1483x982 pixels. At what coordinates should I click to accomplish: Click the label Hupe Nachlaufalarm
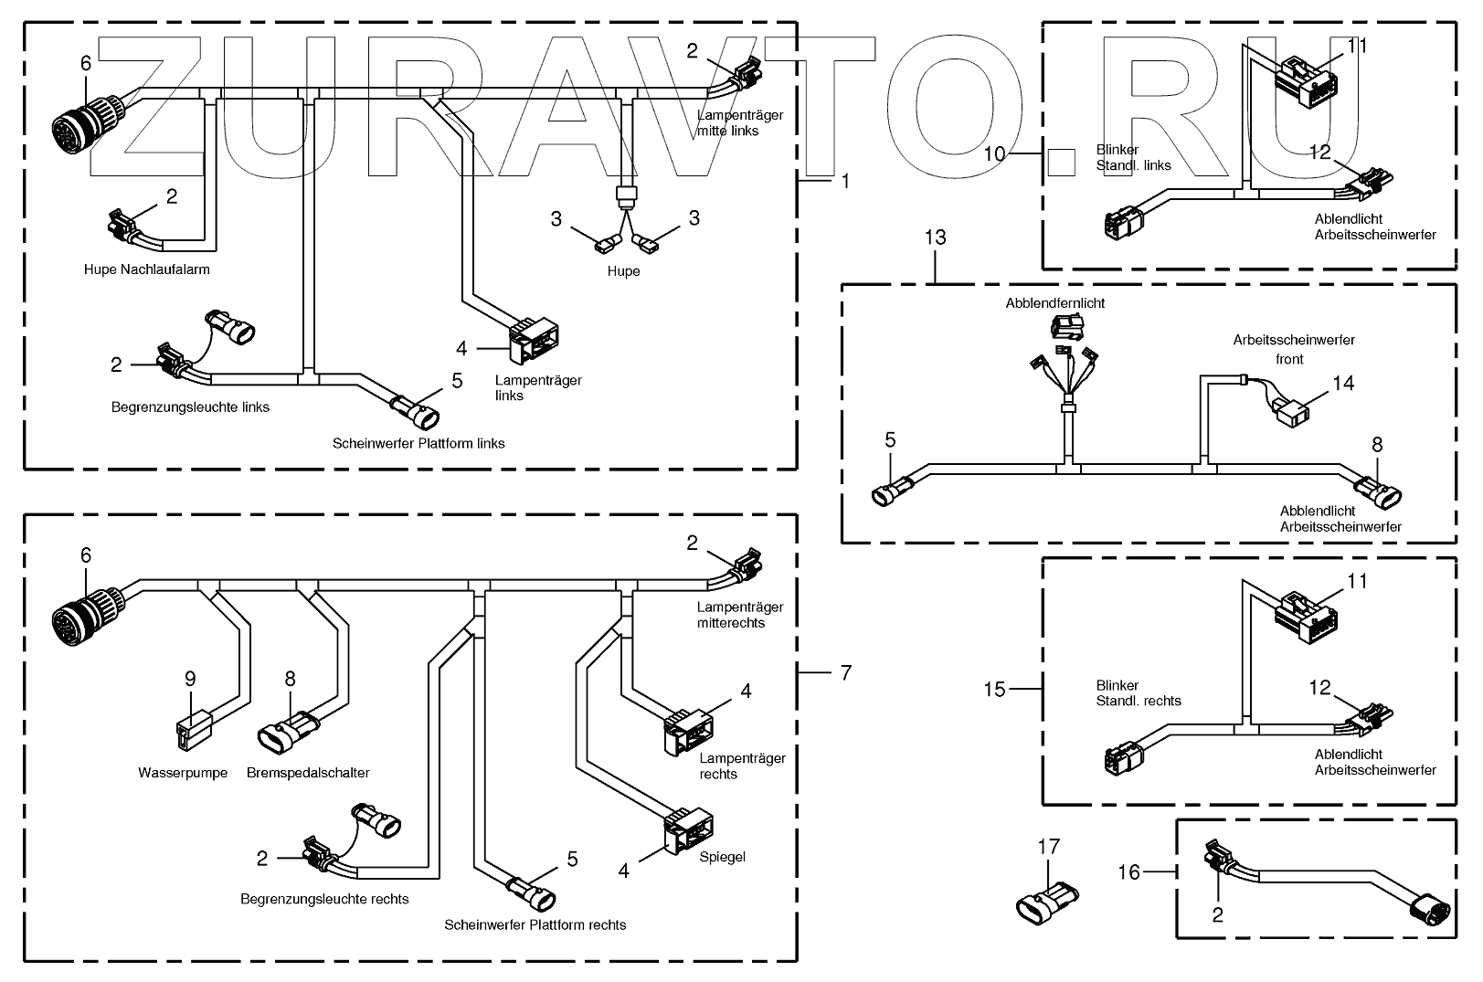(146, 269)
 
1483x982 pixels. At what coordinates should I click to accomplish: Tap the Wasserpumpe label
(183, 773)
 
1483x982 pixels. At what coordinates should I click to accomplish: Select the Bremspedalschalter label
(308, 773)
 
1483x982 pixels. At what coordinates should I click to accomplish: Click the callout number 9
(190, 679)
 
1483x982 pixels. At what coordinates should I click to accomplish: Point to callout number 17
(1049, 847)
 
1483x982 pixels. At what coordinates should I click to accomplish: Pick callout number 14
(1342, 383)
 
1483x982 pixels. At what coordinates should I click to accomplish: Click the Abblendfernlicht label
(1054, 302)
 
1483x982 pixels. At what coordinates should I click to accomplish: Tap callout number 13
(935, 238)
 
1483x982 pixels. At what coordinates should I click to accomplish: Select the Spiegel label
(722, 857)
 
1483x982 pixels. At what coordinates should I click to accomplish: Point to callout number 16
(1129, 872)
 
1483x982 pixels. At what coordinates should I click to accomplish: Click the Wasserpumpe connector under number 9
(191, 733)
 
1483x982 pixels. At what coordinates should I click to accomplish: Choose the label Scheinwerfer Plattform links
(418, 443)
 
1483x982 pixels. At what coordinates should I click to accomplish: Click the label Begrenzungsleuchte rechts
(324, 899)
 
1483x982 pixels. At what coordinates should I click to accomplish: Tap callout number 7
(845, 673)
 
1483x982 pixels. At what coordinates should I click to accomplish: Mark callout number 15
(994, 689)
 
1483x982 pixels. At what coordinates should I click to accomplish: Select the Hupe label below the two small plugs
(623, 271)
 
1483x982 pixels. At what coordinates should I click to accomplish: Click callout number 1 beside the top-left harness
(845, 182)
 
